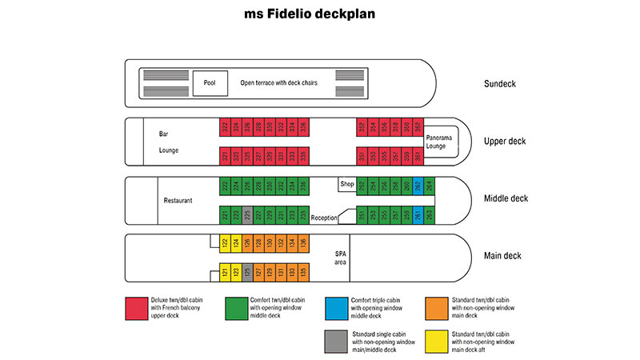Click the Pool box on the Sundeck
click(x=210, y=82)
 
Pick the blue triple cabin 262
click(x=418, y=186)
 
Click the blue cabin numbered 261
click(x=418, y=215)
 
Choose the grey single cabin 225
click(x=248, y=215)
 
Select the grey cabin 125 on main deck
click(x=248, y=274)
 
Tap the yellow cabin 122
click(x=226, y=244)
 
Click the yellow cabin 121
click(x=226, y=274)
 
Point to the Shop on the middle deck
click(x=346, y=183)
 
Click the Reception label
click(x=324, y=218)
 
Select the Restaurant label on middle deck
click(x=178, y=201)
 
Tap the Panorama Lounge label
click(x=440, y=141)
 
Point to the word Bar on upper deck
click(x=164, y=134)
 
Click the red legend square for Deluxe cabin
click(x=135, y=308)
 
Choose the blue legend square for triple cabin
click(x=336, y=308)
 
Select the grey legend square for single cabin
click(x=336, y=340)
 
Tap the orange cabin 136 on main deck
click(x=304, y=244)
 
